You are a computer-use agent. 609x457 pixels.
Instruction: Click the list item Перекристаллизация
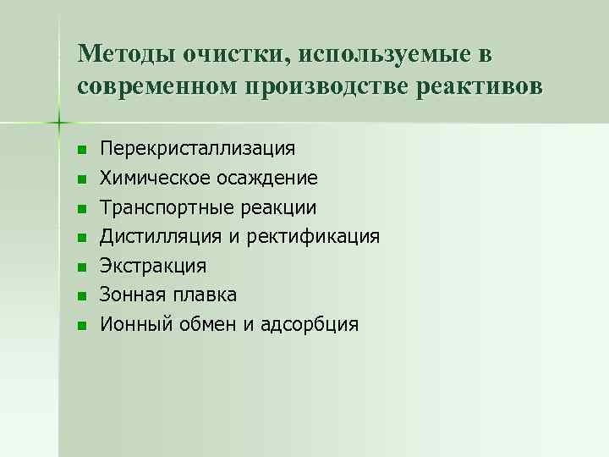coord(197,149)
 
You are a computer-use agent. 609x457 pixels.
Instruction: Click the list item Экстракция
coord(152,266)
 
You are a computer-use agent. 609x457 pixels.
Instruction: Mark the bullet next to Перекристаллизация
coord(81,151)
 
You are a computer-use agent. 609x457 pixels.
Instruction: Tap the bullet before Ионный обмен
coord(81,325)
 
